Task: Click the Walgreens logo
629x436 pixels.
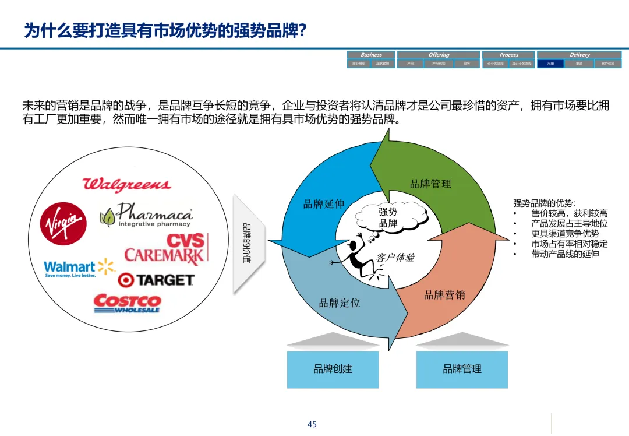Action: (x=127, y=185)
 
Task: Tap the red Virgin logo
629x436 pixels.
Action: (x=63, y=224)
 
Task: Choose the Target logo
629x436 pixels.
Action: (x=156, y=280)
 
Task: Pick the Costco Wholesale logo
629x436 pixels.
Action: (x=127, y=303)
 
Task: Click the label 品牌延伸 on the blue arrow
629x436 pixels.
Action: (x=324, y=204)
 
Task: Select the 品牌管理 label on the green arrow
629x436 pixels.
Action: (x=430, y=184)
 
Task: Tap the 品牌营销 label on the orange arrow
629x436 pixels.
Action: (x=444, y=295)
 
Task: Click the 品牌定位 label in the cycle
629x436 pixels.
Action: (x=340, y=303)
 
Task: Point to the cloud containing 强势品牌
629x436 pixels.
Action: (x=388, y=217)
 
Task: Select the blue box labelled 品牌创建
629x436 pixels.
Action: (x=333, y=369)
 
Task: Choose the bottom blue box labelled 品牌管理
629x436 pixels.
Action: (x=462, y=369)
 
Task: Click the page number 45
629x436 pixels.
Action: (x=312, y=424)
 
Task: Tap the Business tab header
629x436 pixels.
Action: (x=371, y=55)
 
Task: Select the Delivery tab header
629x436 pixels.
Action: (x=579, y=55)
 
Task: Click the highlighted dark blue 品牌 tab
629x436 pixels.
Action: (x=550, y=64)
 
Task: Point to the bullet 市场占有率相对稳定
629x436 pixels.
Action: (x=569, y=244)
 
